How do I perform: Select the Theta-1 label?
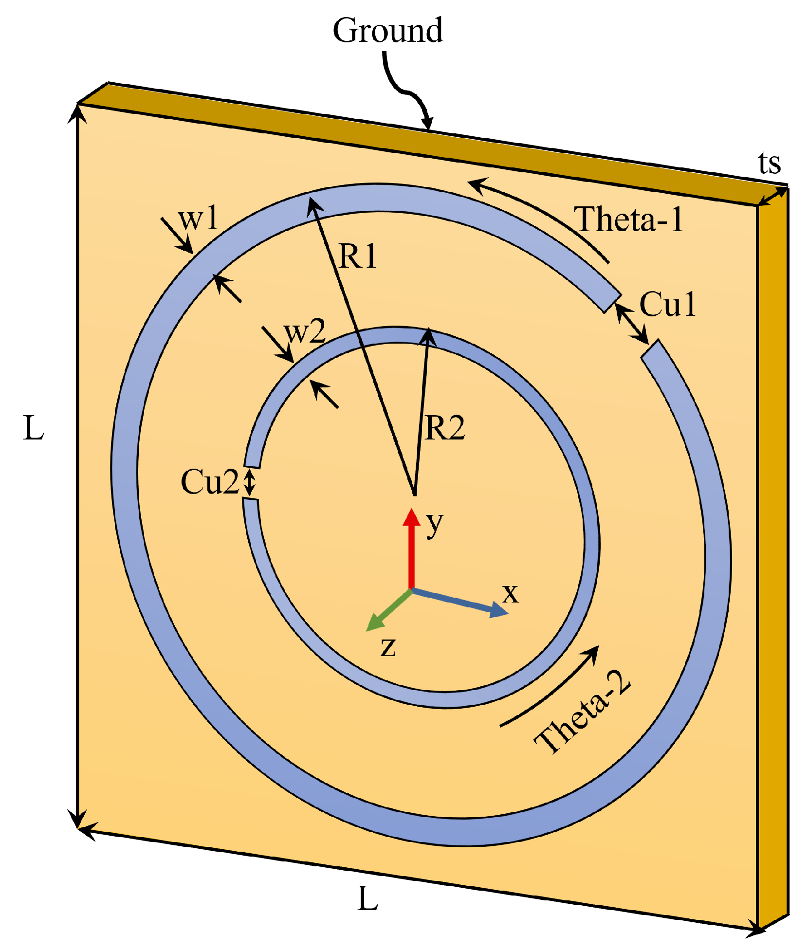coord(629,219)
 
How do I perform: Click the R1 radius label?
coord(358,256)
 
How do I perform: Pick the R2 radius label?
coord(444,428)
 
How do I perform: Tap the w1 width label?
coord(199,219)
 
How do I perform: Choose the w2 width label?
coord(305,332)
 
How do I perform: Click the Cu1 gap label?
coord(667,305)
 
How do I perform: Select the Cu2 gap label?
coord(209,482)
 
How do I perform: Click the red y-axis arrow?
coord(411,548)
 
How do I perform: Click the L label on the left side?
coord(34,429)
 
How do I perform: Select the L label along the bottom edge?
coord(367,899)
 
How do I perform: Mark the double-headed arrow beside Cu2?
coord(249,482)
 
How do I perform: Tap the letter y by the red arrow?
coord(435,525)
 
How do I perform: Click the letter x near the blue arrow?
coord(510,593)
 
